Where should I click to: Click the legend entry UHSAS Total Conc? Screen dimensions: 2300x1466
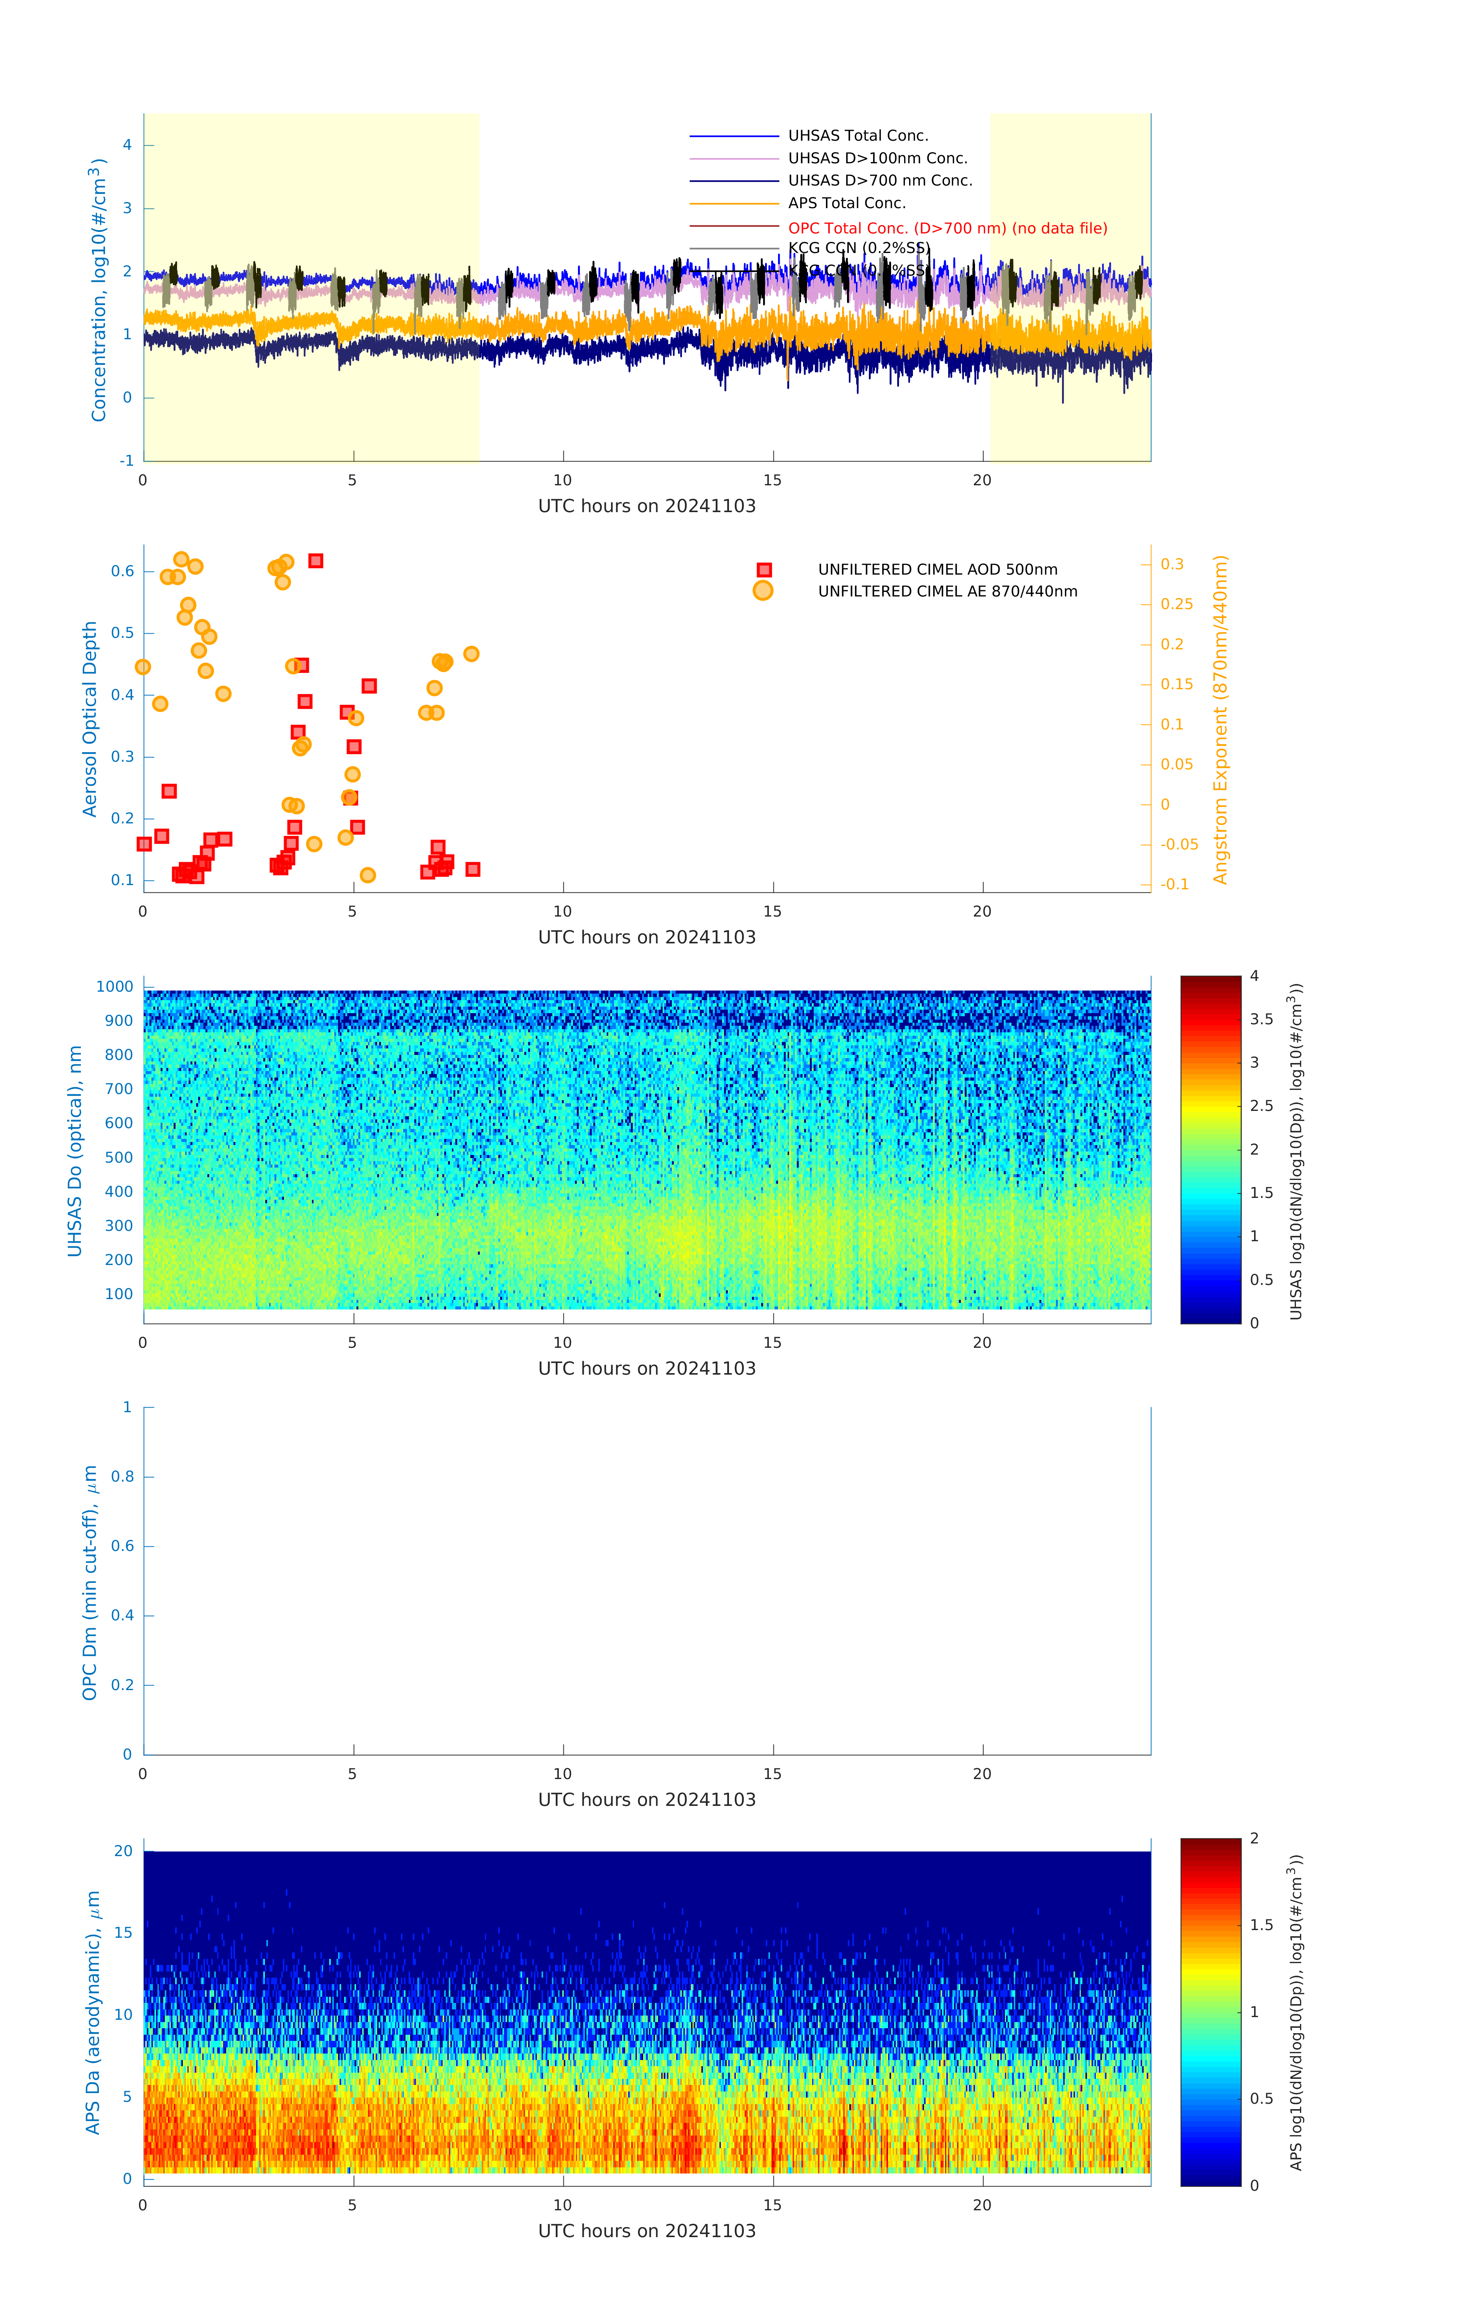858,136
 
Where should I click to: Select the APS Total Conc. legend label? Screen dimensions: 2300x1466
846,202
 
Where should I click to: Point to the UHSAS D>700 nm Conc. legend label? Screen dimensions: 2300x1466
880,181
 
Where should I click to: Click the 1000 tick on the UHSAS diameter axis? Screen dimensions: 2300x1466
115,987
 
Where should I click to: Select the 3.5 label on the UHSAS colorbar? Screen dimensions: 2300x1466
1262,1019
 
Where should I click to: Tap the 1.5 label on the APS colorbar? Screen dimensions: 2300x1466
1262,1925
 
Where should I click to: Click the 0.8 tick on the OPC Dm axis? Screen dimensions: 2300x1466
122,1477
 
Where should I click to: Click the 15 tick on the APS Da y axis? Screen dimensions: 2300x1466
123,1932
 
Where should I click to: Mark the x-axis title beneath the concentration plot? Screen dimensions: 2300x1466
647,506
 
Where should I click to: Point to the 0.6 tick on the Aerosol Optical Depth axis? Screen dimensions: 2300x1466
122,571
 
